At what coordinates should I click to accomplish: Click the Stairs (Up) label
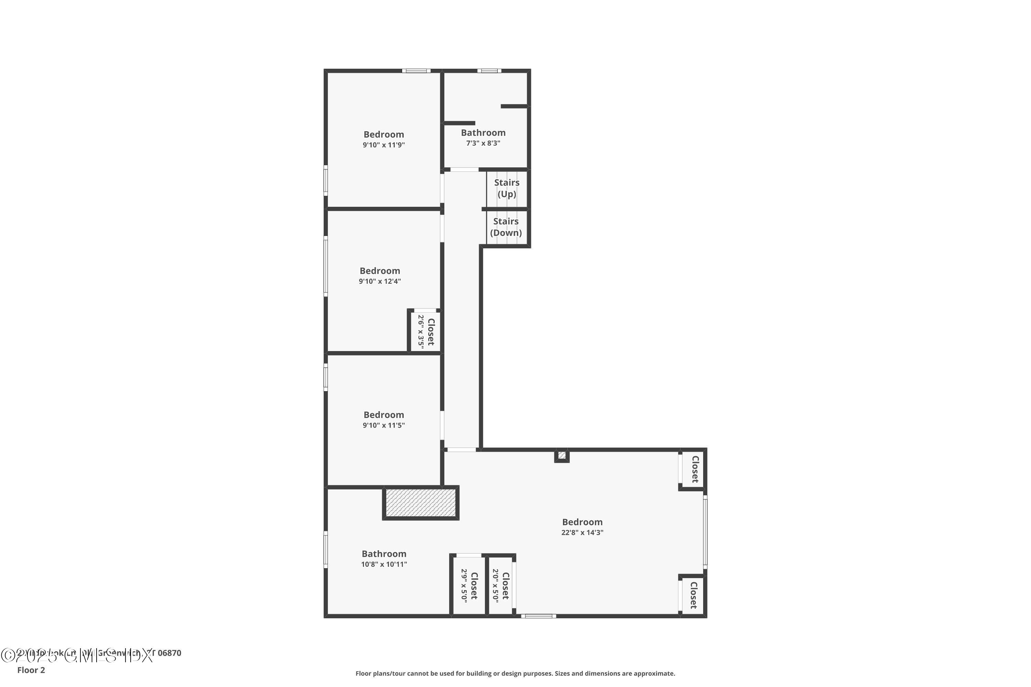pyautogui.click(x=507, y=188)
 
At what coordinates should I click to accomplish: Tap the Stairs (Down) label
pyautogui.click(x=506, y=227)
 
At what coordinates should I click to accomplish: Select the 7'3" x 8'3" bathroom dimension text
pyautogui.click(x=483, y=143)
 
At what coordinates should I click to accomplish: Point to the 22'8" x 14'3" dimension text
pyautogui.click(x=582, y=533)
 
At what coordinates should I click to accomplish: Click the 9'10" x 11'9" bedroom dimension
pyautogui.click(x=384, y=145)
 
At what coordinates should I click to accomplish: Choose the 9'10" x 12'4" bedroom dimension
pyautogui.click(x=380, y=281)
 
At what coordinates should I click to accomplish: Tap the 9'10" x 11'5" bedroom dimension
pyautogui.click(x=384, y=426)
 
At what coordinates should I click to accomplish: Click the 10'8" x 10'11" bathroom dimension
pyautogui.click(x=384, y=564)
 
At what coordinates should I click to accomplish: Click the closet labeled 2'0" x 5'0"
pyautogui.click(x=500, y=585)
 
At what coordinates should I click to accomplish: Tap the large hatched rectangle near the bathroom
pyautogui.click(x=421, y=503)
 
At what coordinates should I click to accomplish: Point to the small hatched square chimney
pyautogui.click(x=562, y=456)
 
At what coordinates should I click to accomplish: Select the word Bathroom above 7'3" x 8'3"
pyautogui.click(x=483, y=133)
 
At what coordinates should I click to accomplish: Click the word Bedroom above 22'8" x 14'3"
pyautogui.click(x=582, y=522)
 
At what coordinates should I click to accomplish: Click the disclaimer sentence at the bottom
pyautogui.click(x=515, y=673)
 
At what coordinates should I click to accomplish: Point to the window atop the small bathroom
pyautogui.click(x=489, y=70)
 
